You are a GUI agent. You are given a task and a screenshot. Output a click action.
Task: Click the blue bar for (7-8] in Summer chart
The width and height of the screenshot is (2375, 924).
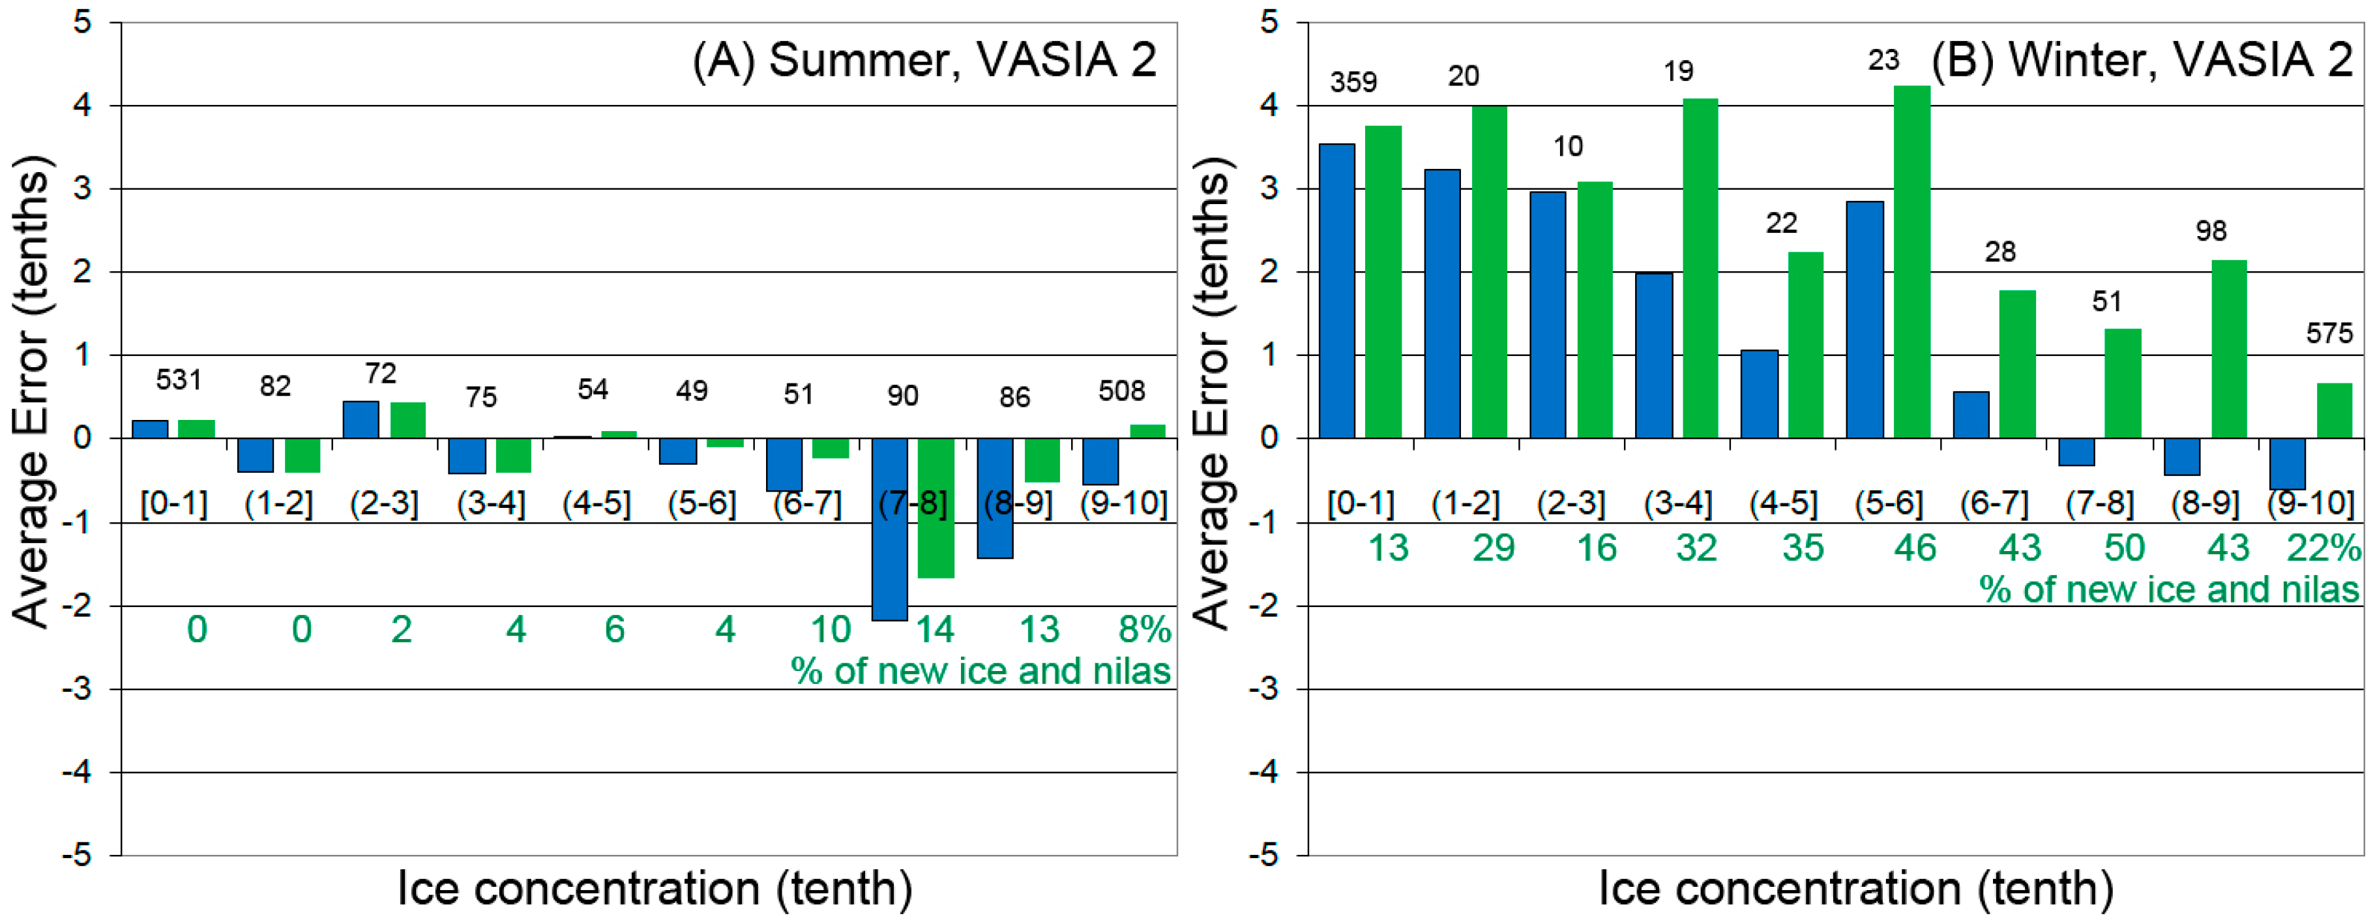(890, 529)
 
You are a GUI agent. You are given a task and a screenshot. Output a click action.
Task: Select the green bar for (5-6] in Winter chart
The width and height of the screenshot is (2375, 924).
(1911, 262)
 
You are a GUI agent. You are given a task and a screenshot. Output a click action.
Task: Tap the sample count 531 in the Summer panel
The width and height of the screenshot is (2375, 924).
(179, 380)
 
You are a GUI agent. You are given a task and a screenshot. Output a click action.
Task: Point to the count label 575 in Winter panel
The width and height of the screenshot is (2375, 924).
(2329, 333)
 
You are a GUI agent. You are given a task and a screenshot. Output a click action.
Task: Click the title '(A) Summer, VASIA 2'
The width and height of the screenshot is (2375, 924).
(924, 61)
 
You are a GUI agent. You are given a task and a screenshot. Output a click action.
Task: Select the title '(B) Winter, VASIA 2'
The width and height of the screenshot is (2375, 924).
(2142, 61)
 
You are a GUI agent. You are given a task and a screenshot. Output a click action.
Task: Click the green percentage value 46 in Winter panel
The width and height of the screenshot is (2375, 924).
(1915, 548)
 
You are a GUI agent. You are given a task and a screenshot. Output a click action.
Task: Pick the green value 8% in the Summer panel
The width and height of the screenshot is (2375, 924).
(1144, 630)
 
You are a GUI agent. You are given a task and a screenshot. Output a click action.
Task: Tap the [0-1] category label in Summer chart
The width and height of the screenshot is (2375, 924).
(174, 503)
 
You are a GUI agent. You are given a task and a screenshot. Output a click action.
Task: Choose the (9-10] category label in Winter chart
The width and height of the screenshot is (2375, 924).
(2310, 503)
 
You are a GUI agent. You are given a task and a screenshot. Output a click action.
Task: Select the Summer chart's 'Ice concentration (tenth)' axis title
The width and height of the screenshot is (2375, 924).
(655, 889)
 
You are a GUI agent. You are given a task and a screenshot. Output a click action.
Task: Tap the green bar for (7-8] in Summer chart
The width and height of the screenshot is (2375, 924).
(936, 508)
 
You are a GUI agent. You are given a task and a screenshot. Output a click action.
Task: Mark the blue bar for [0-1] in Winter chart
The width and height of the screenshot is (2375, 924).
(1337, 290)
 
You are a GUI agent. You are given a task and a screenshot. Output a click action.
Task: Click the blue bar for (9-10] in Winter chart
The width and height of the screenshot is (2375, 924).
(2288, 464)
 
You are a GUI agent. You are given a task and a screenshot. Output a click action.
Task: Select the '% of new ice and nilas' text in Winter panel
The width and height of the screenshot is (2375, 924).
(2168, 590)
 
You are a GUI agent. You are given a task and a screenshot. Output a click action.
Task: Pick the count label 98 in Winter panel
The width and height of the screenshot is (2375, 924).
(2211, 231)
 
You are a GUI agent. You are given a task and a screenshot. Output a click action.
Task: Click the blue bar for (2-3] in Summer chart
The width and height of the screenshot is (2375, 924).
(361, 419)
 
